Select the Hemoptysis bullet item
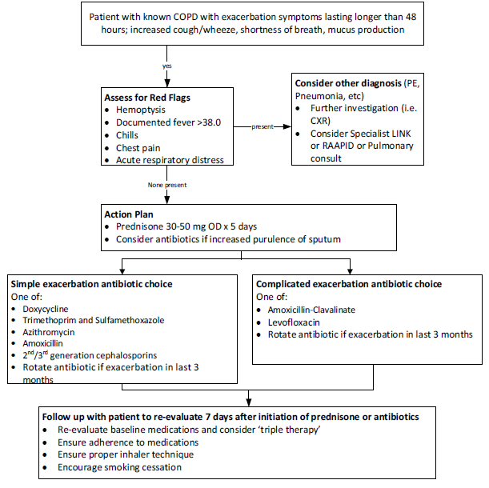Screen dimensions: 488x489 point(142,109)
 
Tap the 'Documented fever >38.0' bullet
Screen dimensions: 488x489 point(168,122)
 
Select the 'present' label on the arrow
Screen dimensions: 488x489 point(263,126)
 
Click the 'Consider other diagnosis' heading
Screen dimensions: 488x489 point(350,82)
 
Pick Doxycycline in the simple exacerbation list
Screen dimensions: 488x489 point(46,308)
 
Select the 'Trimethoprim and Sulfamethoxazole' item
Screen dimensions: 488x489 point(94,320)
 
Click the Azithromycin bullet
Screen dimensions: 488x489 point(50,331)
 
